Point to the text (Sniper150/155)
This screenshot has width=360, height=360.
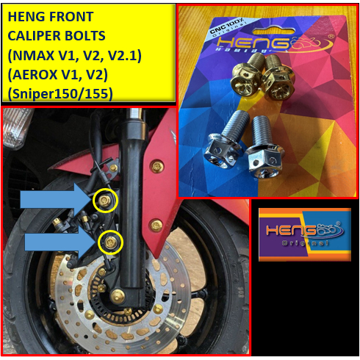coord(64,92)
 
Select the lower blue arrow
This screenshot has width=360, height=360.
coord(59,242)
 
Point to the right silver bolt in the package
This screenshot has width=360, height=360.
coord(265,144)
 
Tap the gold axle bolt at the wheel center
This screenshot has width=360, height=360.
coord(118,297)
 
